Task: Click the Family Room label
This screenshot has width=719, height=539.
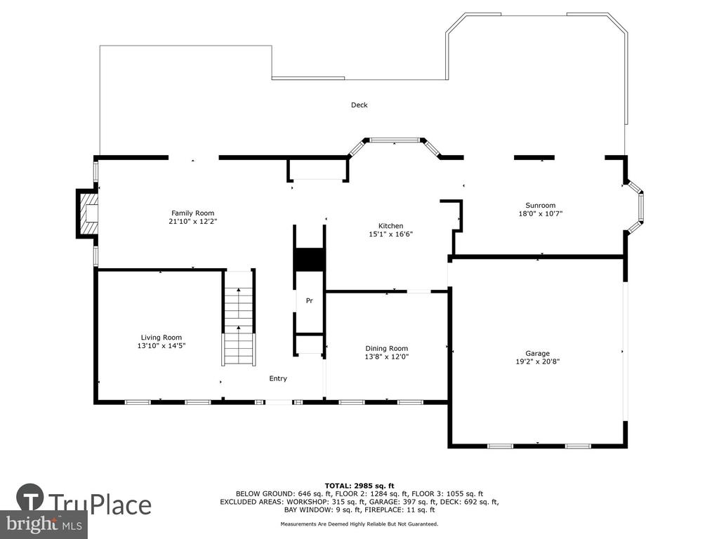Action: coord(192,213)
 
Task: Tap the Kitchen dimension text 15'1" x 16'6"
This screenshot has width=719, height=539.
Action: coord(390,234)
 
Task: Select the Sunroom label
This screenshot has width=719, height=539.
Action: coord(540,206)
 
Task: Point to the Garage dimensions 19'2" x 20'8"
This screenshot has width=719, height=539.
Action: coord(537,361)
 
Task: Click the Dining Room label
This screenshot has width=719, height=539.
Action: coord(386,348)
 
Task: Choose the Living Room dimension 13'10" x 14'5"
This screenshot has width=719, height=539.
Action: coord(161,345)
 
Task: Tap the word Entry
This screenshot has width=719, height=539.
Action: coord(278,378)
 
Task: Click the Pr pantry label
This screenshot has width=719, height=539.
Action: coord(310,301)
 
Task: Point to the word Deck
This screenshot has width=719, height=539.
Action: coord(359,105)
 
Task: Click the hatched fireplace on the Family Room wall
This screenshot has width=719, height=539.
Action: coord(88,213)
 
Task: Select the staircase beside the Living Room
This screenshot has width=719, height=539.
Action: coord(239,318)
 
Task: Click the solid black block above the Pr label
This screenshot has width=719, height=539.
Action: coord(310,260)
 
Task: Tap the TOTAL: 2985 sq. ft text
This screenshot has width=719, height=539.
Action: coord(359,486)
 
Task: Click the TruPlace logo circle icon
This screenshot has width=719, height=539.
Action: coord(30,497)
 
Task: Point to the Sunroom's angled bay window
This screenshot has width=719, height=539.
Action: coord(635,206)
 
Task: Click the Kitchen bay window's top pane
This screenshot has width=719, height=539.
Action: coord(395,140)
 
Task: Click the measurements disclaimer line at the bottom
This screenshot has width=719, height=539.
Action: coord(359,524)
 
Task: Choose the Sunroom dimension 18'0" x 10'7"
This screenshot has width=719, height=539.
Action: coord(540,213)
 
